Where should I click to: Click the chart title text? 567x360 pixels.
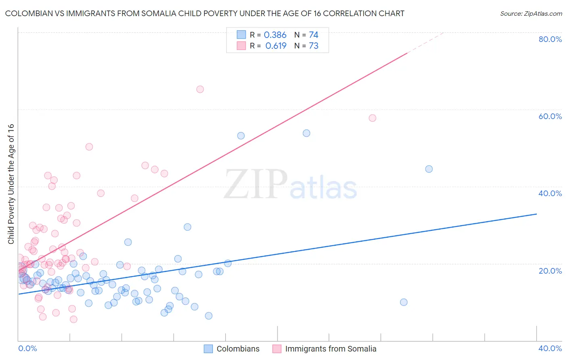[204, 13]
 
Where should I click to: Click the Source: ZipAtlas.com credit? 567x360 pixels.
[531, 13]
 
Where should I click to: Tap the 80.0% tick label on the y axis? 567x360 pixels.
[550, 39]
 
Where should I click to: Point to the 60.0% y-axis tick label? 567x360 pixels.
[550, 116]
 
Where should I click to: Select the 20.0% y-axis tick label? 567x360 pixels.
[550, 271]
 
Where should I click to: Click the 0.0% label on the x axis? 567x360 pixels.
[27, 348]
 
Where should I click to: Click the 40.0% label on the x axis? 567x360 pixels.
[550, 348]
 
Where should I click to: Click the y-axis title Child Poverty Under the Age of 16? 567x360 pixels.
[11, 184]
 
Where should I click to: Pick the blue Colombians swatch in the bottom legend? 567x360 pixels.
[208, 349]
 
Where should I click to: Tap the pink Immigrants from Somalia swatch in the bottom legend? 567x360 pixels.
[277, 349]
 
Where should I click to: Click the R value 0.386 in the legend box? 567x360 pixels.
[275, 35]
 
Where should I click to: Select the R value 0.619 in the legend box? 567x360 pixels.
[276, 46]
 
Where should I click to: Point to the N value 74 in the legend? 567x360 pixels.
[314, 35]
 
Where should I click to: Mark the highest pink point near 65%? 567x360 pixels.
[200, 89]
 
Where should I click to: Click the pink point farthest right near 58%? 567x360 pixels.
[373, 118]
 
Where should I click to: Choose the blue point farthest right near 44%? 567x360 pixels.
[429, 169]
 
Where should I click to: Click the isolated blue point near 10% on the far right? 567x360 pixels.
[404, 302]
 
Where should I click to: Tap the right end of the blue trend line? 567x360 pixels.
[536, 214]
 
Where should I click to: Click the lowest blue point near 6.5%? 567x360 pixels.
[208, 316]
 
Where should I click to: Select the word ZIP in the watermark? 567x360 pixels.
[256, 184]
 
